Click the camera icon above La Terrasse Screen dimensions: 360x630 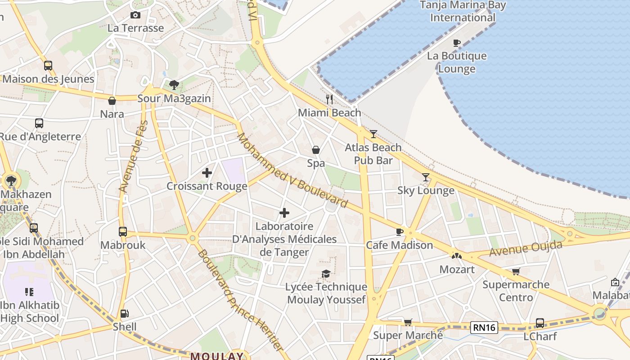135,15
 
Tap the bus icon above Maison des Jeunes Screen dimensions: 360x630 48,66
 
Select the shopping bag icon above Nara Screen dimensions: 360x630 112,101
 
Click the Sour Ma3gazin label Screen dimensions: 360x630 174,99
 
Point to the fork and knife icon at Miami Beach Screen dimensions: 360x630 329,99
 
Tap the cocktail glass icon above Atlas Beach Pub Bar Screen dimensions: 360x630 373,134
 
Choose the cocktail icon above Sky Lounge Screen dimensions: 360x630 426,177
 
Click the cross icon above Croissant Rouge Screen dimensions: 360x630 207,172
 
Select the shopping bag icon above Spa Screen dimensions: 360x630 316,150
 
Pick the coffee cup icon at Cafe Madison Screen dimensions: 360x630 399,232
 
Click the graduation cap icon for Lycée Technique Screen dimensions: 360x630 326,274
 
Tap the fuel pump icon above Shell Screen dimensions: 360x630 124,314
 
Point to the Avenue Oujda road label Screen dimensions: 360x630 526,249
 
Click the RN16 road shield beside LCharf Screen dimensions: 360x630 484,327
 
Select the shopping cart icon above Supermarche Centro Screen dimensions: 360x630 516,271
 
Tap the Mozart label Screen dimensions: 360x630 457,270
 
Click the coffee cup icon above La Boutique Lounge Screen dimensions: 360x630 457,43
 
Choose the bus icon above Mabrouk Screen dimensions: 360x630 123,232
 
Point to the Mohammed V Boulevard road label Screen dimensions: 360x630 292,170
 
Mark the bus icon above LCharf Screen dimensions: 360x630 540,323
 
